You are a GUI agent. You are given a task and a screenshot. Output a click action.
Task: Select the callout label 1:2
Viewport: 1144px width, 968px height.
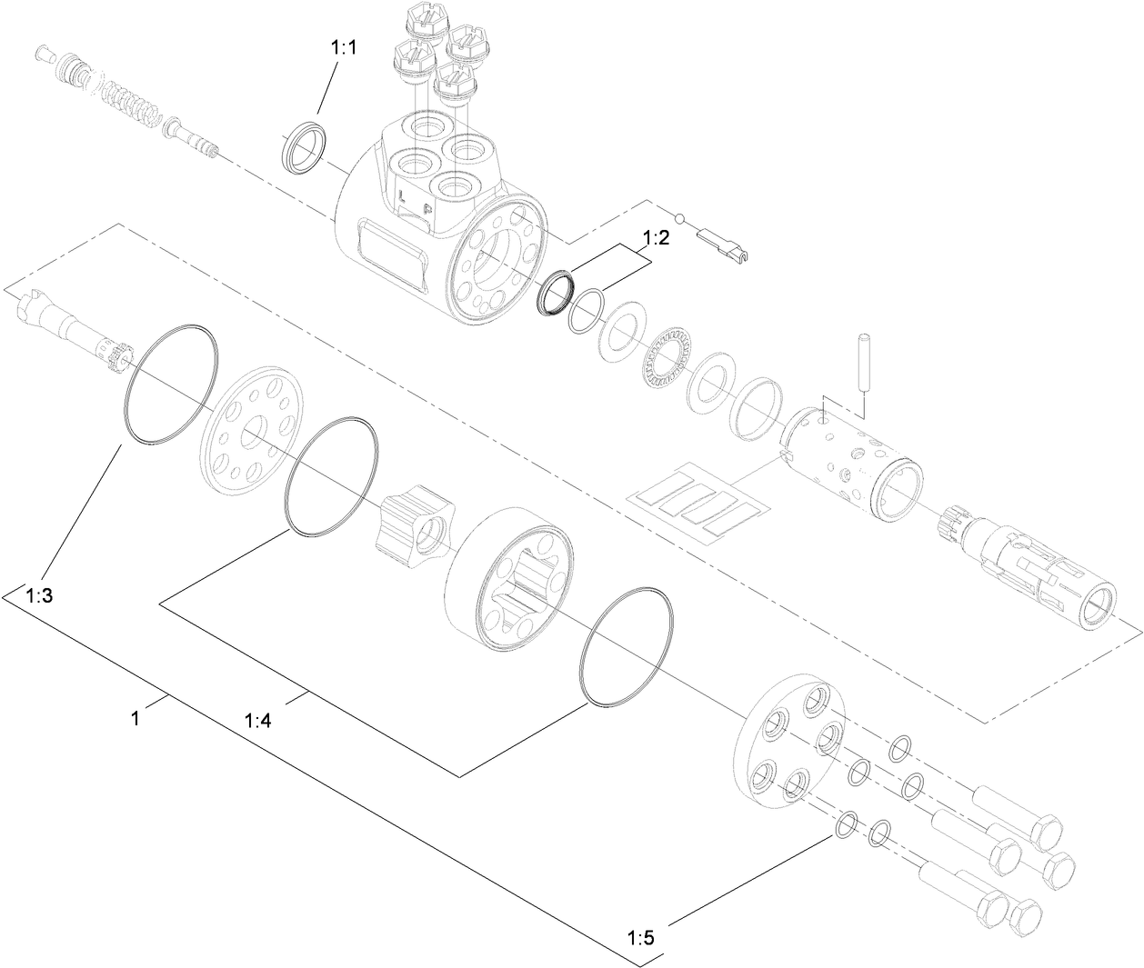pos(656,239)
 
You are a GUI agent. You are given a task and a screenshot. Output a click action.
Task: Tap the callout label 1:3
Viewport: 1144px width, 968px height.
pos(40,596)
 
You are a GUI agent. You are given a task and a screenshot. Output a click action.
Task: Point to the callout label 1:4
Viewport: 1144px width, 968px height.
pos(258,720)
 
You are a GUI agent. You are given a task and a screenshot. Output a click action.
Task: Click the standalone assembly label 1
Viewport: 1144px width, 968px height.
pos(135,718)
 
